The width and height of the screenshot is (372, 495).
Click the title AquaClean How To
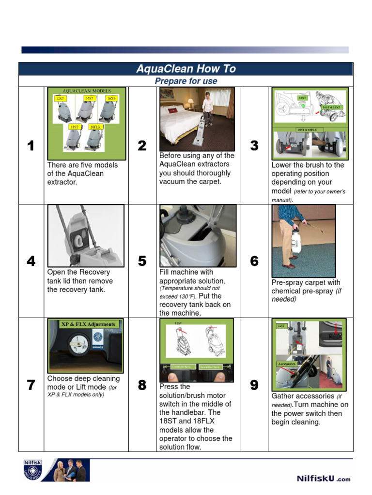tap(186, 69)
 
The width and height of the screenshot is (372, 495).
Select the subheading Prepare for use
tap(186, 81)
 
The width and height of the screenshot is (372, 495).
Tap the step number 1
tap(31, 146)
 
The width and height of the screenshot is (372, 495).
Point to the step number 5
tap(142, 261)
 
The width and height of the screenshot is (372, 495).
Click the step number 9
tap(254, 385)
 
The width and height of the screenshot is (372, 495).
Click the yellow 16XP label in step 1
tap(112, 98)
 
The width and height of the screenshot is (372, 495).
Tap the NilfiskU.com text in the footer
tap(323, 479)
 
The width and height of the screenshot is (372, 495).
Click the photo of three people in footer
tap(71, 470)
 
